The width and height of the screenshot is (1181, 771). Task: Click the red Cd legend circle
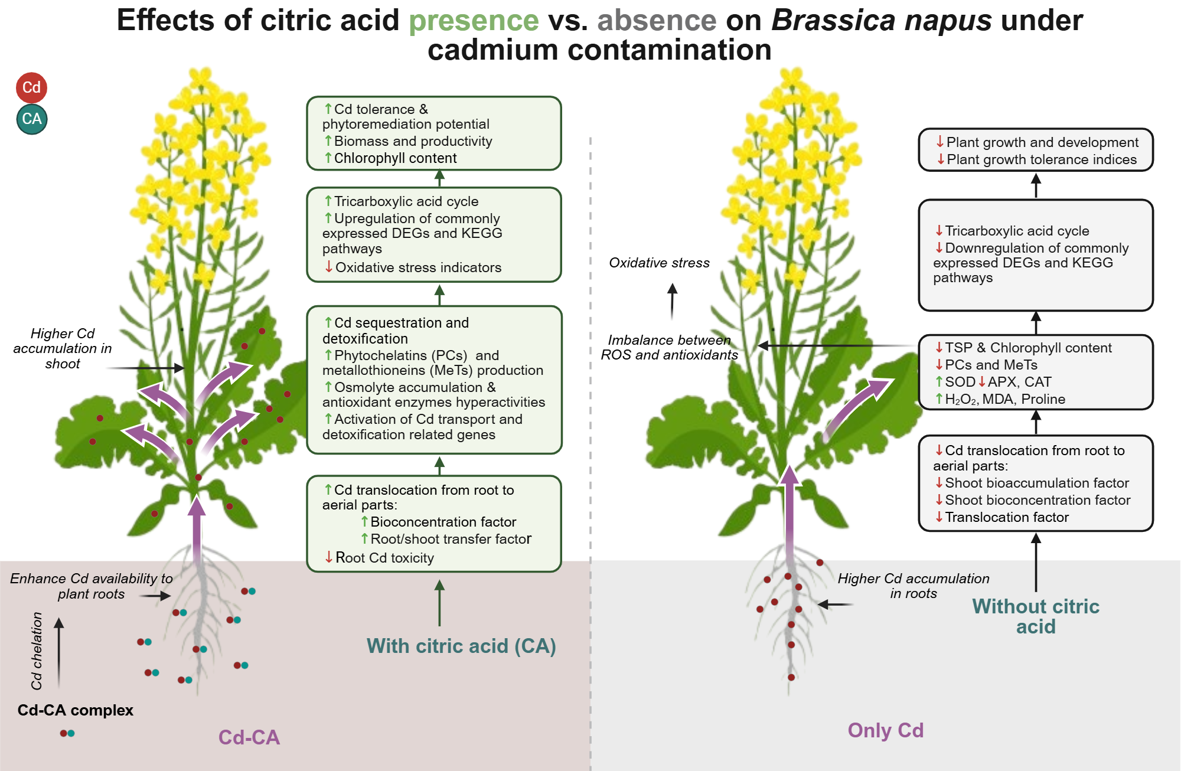click(x=31, y=87)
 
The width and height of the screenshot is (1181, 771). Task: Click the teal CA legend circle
click(x=32, y=119)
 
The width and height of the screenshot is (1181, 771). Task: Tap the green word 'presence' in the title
click(x=474, y=21)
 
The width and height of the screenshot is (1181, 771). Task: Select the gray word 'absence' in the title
click(x=657, y=21)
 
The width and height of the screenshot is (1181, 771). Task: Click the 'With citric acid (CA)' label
click(x=461, y=646)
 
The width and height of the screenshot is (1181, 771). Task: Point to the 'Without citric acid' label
click(x=1036, y=616)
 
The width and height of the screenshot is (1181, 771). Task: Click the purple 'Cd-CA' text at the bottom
click(x=249, y=737)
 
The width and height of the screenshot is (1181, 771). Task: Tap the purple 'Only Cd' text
click(x=885, y=730)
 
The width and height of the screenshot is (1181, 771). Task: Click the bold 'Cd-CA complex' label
click(x=75, y=710)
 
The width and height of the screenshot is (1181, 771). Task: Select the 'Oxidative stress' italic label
click(x=659, y=263)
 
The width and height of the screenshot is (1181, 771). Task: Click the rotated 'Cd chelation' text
click(x=37, y=651)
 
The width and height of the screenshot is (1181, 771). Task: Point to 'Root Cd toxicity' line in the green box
click(x=384, y=558)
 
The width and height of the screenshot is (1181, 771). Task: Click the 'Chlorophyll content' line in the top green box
click(x=394, y=158)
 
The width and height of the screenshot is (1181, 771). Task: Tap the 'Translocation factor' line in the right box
click(x=1006, y=517)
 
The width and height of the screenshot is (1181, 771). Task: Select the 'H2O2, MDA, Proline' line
click(x=1004, y=399)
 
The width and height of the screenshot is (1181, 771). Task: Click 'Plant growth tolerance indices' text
click(x=1041, y=159)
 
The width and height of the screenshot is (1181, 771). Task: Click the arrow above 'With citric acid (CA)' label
click(x=439, y=602)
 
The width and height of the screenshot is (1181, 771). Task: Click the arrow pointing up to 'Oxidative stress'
click(x=672, y=301)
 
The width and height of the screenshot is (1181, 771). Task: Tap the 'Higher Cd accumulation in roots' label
click(x=913, y=586)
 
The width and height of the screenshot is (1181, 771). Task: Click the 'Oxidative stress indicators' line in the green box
click(x=417, y=267)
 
